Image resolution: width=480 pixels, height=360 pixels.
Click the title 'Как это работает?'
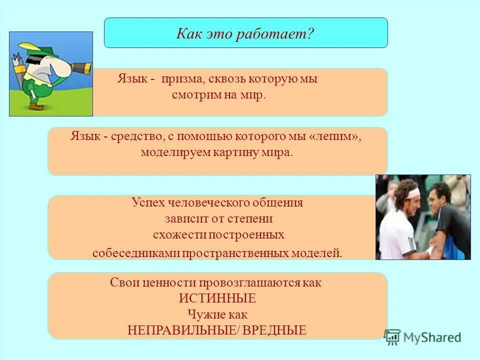(245, 33)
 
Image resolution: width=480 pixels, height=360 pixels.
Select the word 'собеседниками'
(136, 253)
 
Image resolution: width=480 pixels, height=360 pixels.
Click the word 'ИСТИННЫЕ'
(217, 298)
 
